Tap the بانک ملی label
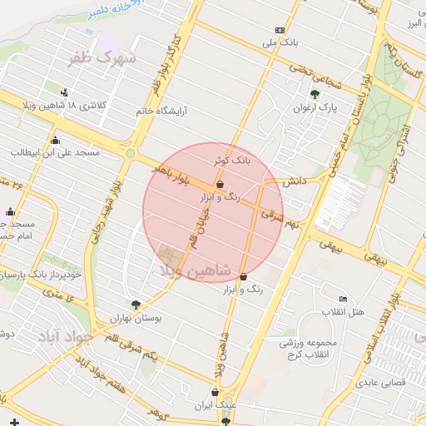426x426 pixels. [280, 41]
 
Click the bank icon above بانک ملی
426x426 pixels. [280, 29]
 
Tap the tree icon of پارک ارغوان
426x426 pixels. [315, 95]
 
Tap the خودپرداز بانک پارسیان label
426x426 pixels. [42, 273]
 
